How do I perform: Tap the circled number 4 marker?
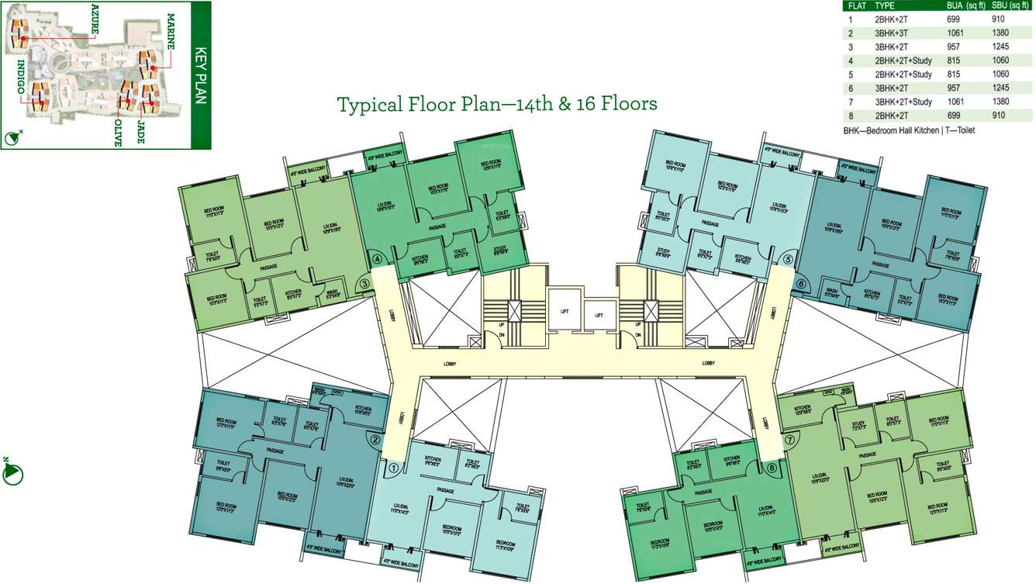point(377,260)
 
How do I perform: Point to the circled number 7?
point(790,440)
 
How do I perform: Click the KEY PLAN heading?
point(199,75)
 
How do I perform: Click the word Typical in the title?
point(370,104)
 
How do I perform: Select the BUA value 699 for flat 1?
point(955,19)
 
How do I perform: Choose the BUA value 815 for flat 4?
point(955,60)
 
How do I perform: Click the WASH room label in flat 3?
point(332,293)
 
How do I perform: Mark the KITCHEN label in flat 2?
point(363,411)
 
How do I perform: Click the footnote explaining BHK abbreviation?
point(909,130)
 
